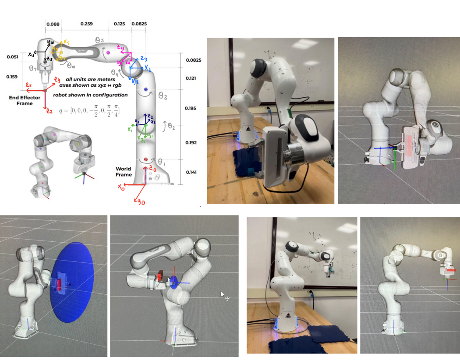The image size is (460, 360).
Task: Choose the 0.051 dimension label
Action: pyautogui.click(x=13, y=57)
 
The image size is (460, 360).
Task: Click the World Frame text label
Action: pyautogui.click(x=124, y=172)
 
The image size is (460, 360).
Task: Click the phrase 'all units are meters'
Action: pyautogui.click(x=91, y=79)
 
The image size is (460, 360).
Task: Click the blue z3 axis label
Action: pyautogui.click(x=143, y=59)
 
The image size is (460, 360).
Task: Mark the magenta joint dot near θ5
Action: pyautogui.click(x=108, y=53)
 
